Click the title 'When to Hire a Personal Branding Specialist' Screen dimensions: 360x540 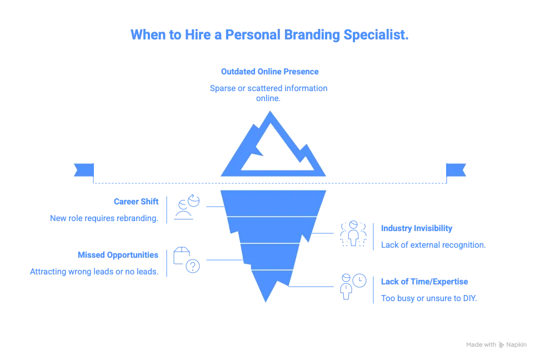(x=269, y=35)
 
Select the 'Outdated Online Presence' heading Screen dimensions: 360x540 (x=269, y=71)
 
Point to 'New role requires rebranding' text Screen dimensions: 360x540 (x=119, y=218)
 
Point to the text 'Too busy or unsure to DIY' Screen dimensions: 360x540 (x=429, y=298)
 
